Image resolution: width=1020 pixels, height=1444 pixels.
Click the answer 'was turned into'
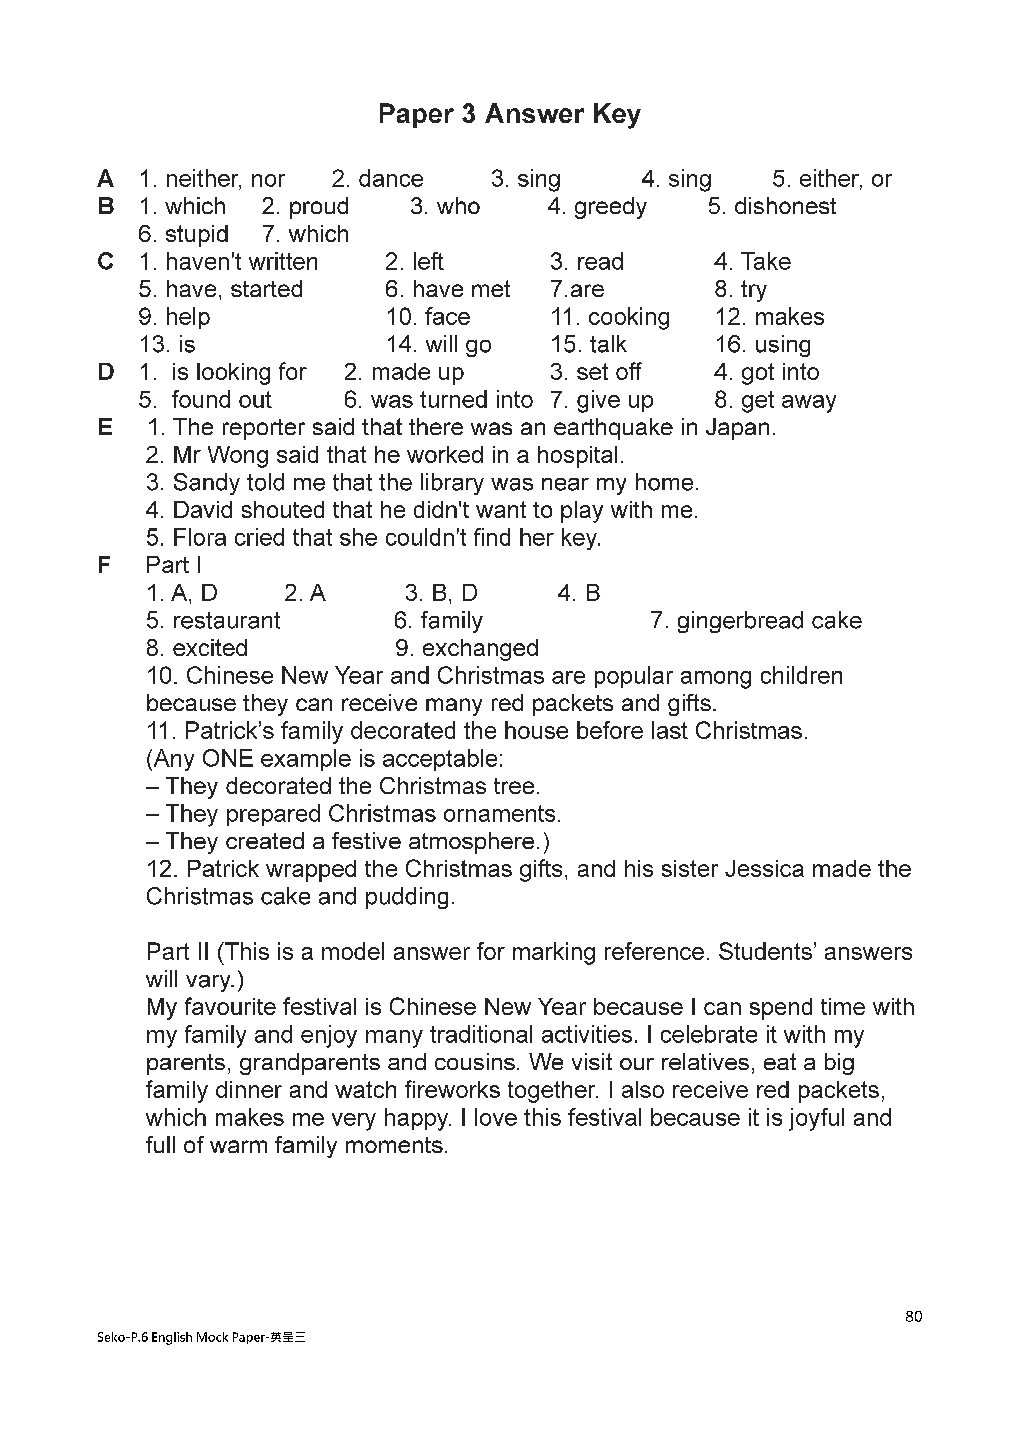(x=452, y=400)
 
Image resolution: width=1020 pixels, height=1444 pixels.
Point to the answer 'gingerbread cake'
(x=768, y=621)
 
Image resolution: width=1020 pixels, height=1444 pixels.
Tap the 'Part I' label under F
(x=174, y=565)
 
